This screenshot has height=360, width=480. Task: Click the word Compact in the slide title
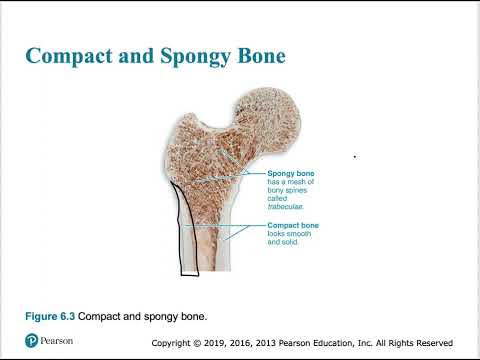coord(75,55)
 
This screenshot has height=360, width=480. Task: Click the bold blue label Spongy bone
coord(291,173)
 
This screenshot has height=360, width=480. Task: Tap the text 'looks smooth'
coord(291,235)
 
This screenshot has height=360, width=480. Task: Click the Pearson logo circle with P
coord(31,341)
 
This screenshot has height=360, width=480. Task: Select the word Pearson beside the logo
coord(59,341)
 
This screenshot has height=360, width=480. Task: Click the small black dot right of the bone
coord(355,156)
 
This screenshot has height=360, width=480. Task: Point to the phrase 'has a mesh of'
coord(291,184)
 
